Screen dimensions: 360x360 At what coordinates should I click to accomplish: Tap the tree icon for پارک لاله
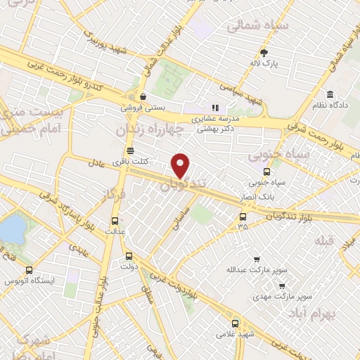(x=264, y=53)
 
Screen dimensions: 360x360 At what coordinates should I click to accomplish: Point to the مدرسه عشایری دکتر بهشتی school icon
(x=215, y=108)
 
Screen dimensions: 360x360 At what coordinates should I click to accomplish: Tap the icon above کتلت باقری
(x=129, y=150)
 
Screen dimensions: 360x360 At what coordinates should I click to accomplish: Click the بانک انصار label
(x=265, y=193)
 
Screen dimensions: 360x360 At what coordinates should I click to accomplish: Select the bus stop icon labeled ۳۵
(x=243, y=215)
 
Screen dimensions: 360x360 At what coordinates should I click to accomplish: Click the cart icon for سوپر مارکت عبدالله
(x=256, y=258)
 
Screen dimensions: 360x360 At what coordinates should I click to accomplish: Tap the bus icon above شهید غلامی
(x=235, y=323)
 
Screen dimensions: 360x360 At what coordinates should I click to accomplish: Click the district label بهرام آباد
(x=333, y=311)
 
